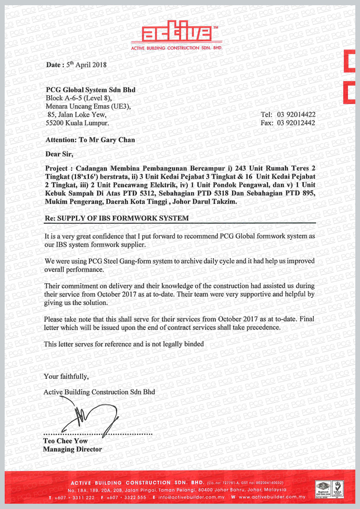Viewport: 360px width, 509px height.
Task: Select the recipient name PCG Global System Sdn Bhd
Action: coord(91,90)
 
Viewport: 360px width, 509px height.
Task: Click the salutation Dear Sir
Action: coord(60,154)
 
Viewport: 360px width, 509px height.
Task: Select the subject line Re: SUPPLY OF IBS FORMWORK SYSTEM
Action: coord(117,218)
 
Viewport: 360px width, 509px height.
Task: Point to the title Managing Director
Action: coord(72,449)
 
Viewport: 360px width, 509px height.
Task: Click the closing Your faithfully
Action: coord(67,376)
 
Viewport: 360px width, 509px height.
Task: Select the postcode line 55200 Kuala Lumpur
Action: coord(78,123)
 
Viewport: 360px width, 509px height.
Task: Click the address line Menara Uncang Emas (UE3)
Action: coord(88,107)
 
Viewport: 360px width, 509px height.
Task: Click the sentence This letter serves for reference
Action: coord(123,344)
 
